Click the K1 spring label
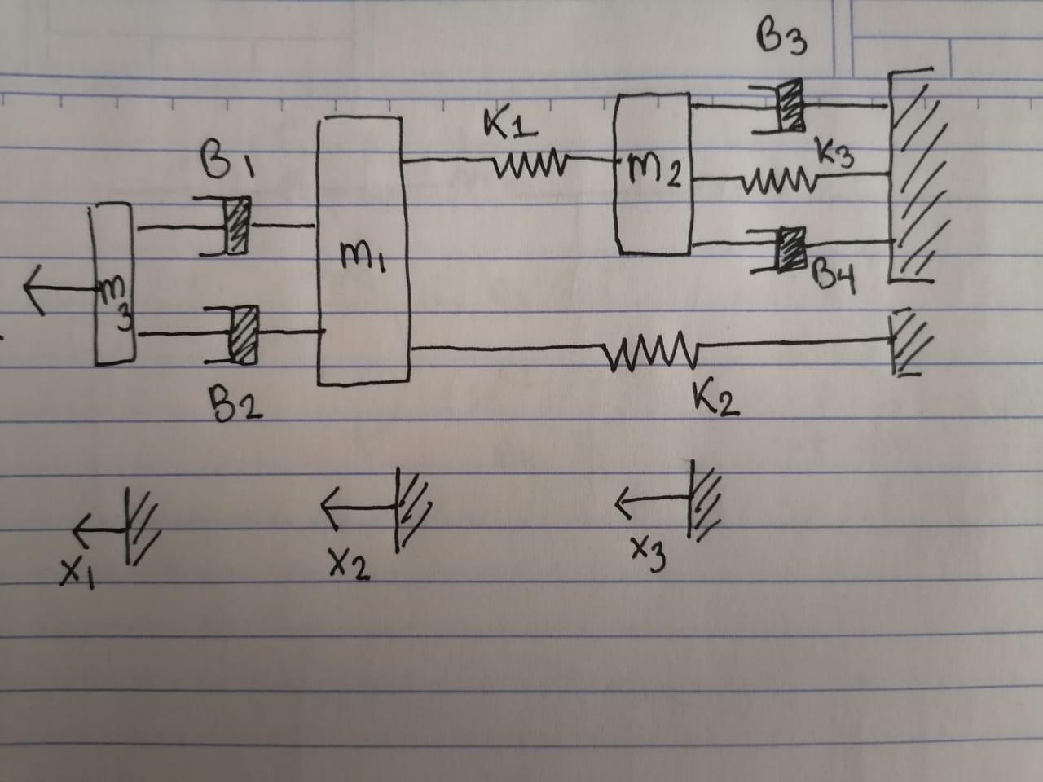pyautogui.click(x=510, y=126)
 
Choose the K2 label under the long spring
pyautogui.click(x=717, y=400)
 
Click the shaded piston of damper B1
pyautogui.click(x=237, y=226)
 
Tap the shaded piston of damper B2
pyautogui.click(x=244, y=334)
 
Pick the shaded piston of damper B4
pyautogui.click(x=789, y=248)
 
